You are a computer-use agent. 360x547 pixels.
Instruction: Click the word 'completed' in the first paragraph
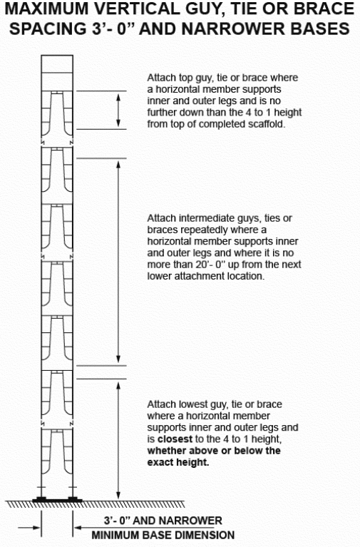(x=222, y=124)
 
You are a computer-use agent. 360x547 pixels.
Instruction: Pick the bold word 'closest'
(x=175, y=439)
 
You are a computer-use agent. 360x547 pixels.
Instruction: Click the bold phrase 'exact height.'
(x=178, y=462)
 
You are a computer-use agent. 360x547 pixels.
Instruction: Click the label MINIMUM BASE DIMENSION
(x=163, y=535)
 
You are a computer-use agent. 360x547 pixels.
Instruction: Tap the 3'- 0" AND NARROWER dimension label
(x=163, y=521)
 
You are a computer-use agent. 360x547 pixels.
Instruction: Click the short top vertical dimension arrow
(x=118, y=111)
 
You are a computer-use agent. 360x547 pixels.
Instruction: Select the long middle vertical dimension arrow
(x=118, y=262)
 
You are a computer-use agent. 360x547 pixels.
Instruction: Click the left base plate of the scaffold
(x=41, y=499)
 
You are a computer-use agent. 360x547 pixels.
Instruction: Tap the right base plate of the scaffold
(x=73, y=499)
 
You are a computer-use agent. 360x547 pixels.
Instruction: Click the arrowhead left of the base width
(x=36, y=528)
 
